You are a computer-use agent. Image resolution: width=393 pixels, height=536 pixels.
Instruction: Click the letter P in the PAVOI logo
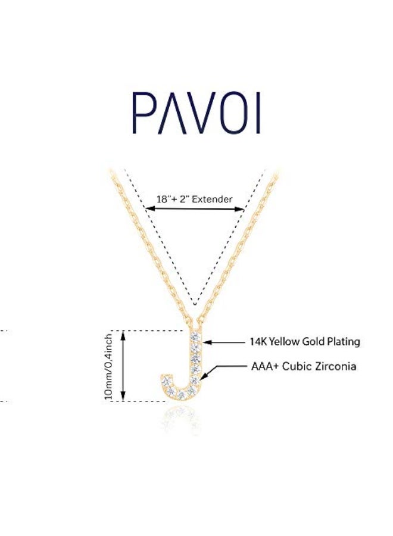[x=142, y=114]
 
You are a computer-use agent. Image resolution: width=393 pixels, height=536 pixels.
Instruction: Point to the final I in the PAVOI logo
[x=258, y=114]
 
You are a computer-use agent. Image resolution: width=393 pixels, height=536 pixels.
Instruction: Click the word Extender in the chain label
[x=212, y=199]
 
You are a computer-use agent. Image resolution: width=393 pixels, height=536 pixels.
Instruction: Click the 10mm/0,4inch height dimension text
[x=108, y=366]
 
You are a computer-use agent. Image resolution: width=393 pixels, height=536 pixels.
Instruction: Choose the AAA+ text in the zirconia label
[x=264, y=366]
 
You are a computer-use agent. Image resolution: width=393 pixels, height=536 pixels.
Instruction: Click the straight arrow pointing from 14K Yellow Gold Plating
[x=224, y=342]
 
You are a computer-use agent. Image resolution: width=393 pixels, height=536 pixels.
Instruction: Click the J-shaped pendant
[x=185, y=369]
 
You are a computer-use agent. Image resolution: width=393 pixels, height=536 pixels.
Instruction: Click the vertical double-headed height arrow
[x=123, y=366]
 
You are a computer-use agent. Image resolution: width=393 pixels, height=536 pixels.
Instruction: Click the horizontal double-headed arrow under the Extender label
[x=195, y=208]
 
